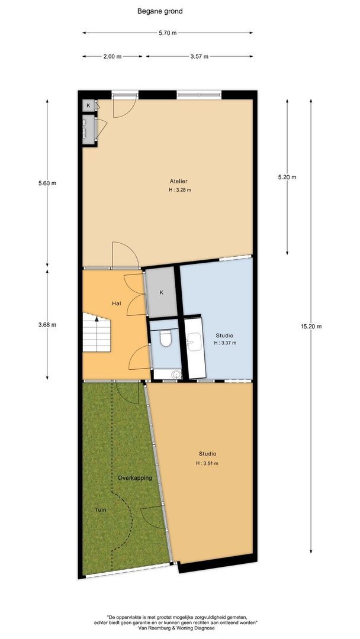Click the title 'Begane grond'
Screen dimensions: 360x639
click(x=160, y=11)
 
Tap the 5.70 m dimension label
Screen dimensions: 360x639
click(x=168, y=33)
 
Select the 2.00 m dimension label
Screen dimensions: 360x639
click(x=113, y=57)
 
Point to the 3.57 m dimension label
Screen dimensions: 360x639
click(x=200, y=57)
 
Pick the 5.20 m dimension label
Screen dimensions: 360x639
click(x=287, y=177)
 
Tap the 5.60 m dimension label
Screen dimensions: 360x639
click(x=47, y=183)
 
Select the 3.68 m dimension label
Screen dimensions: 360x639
click(x=47, y=325)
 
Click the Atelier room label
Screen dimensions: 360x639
click(x=179, y=182)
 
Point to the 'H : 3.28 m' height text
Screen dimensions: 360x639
click(x=180, y=190)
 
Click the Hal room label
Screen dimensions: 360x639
click(x=117, y=304)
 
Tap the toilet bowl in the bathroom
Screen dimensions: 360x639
click(x=166, y=338)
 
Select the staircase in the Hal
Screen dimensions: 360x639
click(x=97, y=332)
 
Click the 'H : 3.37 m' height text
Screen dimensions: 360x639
click(x=225, y=343)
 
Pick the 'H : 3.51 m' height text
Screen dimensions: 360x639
click(x=207, y=463)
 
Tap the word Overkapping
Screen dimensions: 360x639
click(x=135, y=477)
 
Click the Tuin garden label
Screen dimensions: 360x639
click(x=101, y=509)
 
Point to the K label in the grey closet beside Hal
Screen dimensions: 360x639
click(x=162, y=292)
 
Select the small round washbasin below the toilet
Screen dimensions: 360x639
click(x=176, y=374)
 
